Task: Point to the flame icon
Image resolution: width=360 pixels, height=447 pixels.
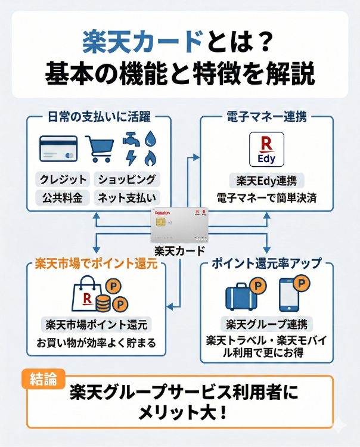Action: point(150,159)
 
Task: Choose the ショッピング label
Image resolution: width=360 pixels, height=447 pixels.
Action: point(127,179)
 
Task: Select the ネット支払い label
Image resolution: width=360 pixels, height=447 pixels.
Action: point(127,197)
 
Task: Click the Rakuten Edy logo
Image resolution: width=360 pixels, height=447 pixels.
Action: point(265,149)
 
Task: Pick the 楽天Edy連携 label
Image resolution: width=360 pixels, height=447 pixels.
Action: point(266,179)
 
